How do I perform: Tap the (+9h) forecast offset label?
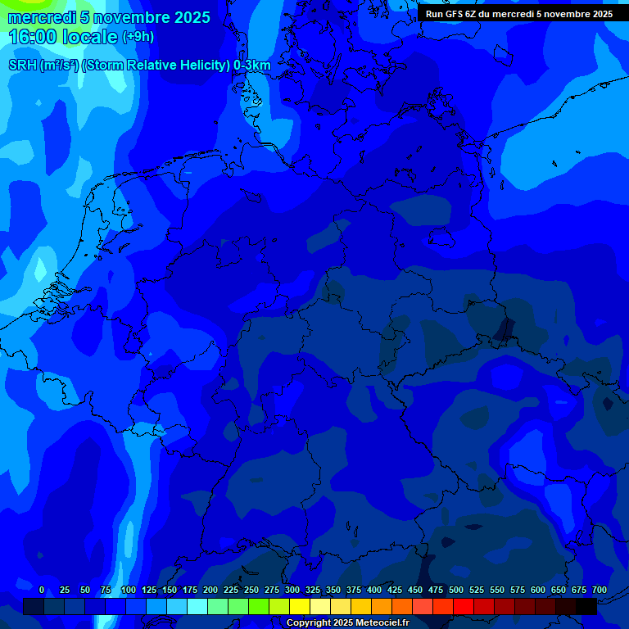tap(138, 37)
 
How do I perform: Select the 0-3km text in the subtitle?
tap(252, 65)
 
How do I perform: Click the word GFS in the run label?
tap(453, 14)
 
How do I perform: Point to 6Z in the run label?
tap(472, 14)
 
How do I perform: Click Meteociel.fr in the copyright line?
tap(382, 623)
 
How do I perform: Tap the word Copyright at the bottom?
tap(308, 623)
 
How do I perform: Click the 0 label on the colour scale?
tap(42, 590)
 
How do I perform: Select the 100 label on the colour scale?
tap(129, 590)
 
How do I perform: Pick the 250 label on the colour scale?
tap(251, 590)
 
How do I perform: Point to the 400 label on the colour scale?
tap(374, 590)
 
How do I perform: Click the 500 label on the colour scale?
tap(456, 590)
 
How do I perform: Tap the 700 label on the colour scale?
tap(600, 590)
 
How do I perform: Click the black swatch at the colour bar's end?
tap(586, 606)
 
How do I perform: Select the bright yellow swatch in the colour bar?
tap(300, 606)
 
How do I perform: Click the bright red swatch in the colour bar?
tap(464, 606)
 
